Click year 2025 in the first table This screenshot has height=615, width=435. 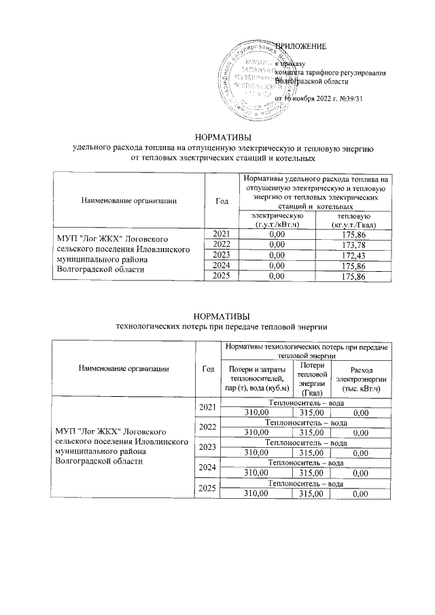point(222,276)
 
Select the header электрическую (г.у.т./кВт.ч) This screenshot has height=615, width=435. point(276,219)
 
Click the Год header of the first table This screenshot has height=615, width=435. point(222,200)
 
